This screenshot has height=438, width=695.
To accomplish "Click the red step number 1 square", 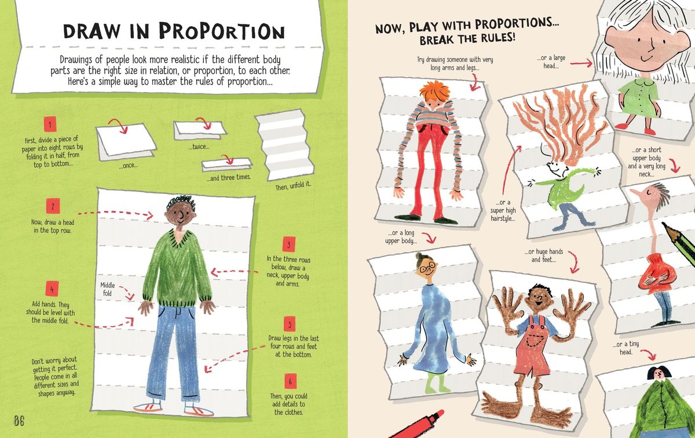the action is (50, 124).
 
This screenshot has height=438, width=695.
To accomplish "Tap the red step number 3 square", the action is (289, 244).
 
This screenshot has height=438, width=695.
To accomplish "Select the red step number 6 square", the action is (290, 381).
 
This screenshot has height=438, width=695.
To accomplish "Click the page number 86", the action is (19, 421).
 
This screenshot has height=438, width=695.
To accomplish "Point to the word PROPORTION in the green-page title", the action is (222, 31).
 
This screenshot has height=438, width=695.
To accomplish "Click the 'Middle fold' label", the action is (107, 289).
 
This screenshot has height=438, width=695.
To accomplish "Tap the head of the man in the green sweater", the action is (181, 211).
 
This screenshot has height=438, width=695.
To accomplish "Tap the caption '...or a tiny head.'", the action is (626, 348).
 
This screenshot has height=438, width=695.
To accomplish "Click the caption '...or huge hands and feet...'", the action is (544, 255).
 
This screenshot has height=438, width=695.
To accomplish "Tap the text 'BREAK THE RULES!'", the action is (467, 39).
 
